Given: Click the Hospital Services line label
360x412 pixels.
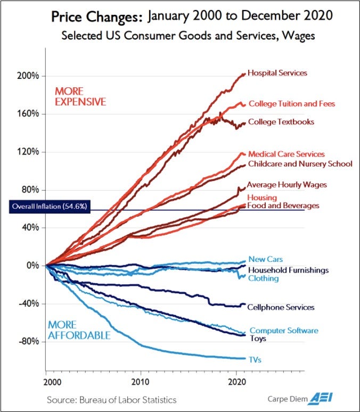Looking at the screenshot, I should [x=277, y=73].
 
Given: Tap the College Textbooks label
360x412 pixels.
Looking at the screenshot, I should [x=281, y=122].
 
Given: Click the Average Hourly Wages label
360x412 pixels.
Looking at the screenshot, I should [x=287, y=185].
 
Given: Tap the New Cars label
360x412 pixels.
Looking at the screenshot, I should [x=266, y=260].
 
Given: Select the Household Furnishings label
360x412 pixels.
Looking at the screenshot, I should [x=288, y=270].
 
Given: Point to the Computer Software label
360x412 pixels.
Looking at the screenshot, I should [x=284, y=331].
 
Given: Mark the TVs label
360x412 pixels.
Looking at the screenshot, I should [x=255, y=360].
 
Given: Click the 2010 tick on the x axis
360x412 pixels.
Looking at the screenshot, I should [x=141, y=382].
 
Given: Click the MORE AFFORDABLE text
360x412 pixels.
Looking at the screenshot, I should [x=78, y=330].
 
